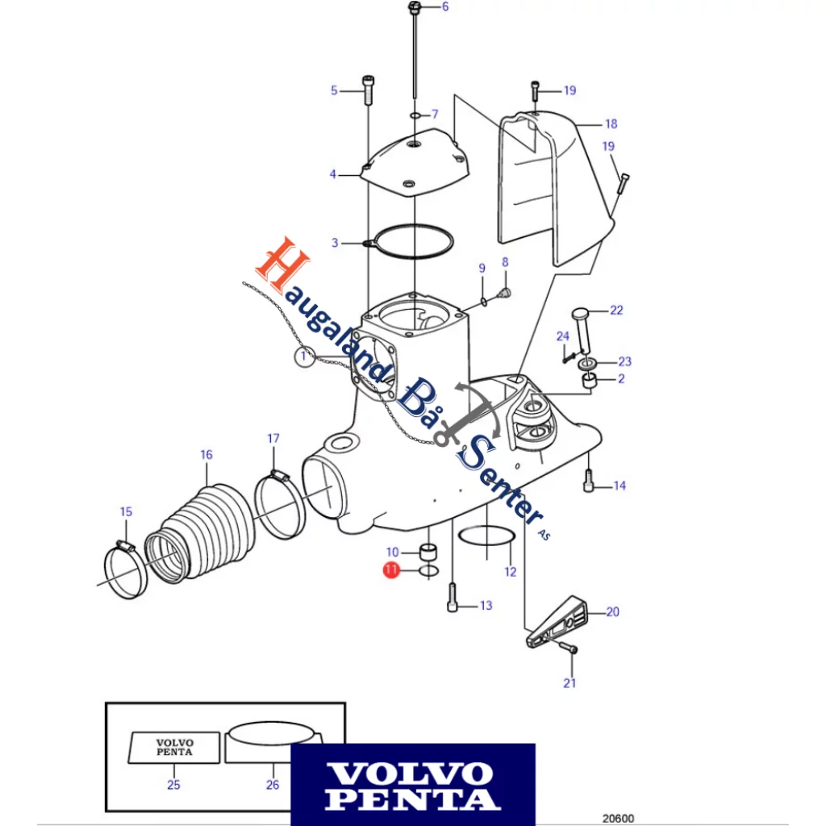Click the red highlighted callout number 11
pos(390,570)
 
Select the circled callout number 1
pos(303,357)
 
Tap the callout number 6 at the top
pos(444,7)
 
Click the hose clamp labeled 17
pos(279,504)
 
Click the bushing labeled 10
pos(430,553)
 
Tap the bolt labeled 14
pos(589,484)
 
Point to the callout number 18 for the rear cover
pos(611,124)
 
